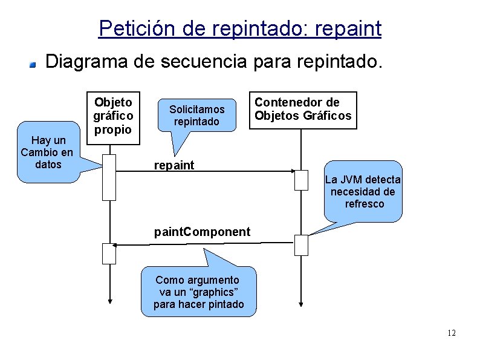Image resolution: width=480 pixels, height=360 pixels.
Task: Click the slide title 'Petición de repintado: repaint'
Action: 239,28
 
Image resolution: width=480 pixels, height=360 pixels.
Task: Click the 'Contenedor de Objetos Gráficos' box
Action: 304,110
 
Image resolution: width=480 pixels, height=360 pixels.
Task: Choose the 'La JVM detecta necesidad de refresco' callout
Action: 363,191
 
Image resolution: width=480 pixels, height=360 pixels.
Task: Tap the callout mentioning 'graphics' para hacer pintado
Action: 198,292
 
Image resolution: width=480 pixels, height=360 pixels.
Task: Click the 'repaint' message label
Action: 174,165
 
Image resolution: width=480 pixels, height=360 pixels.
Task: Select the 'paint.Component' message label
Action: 202,232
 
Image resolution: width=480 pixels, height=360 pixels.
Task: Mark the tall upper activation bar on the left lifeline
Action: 109,177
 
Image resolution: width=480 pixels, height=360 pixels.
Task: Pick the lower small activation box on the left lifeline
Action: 109,253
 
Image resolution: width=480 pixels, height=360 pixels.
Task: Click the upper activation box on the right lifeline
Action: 301,180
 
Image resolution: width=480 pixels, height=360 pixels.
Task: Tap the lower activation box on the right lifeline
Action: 301,245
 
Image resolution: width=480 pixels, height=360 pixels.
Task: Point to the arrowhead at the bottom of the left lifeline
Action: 109,301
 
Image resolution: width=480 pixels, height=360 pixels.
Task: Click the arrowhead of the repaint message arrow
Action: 297,172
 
